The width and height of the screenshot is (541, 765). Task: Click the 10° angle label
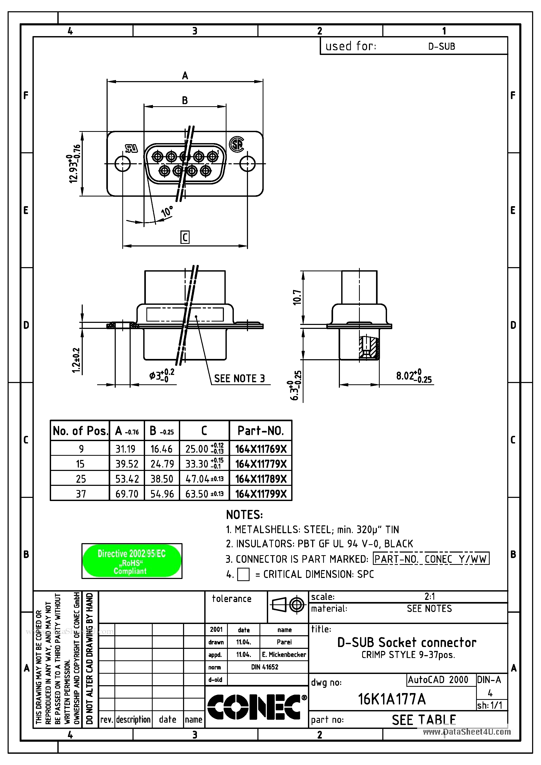167,211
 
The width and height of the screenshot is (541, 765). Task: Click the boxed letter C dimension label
185,237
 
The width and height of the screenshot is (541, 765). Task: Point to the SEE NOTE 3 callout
239,379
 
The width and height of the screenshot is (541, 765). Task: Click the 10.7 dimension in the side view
297,297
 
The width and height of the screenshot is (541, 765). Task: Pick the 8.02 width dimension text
413,376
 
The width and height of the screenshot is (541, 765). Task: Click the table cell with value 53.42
127,479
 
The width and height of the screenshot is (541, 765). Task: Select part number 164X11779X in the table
261,464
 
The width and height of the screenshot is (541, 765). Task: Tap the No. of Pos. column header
80,431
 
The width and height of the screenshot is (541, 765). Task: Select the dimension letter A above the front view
185,76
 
